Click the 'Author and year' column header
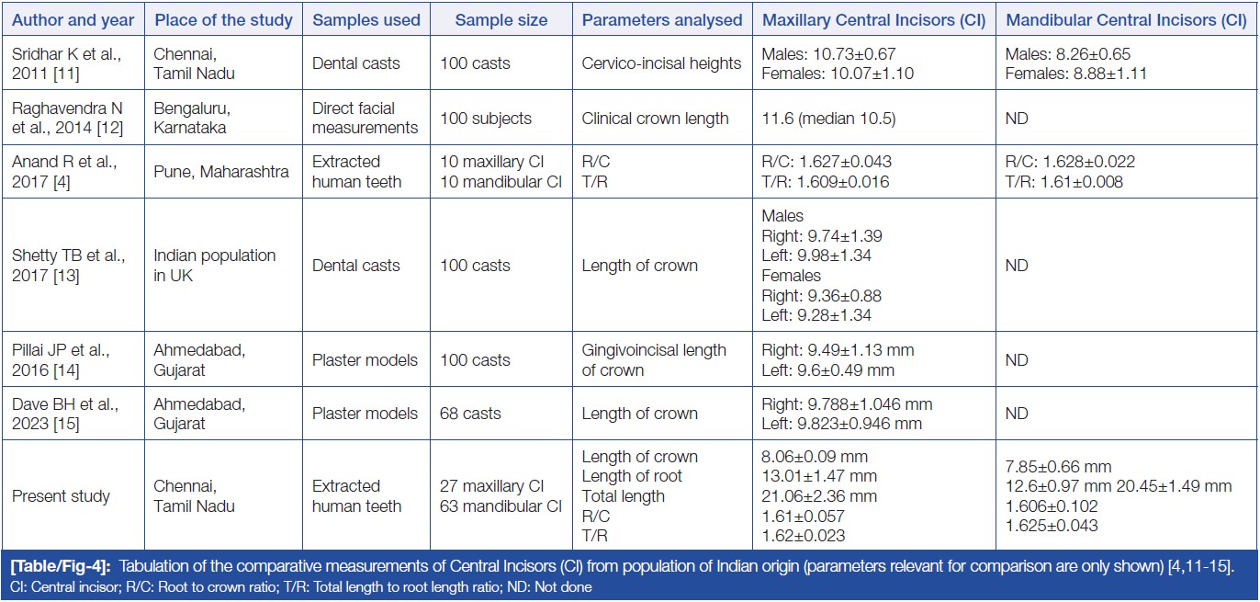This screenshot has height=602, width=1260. (73, 19)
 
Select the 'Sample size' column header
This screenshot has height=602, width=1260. (501, 19)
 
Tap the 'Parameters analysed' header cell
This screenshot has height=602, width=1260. (661, 19)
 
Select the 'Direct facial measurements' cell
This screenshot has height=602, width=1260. (366, 118)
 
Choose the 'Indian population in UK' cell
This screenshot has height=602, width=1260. (214, 265)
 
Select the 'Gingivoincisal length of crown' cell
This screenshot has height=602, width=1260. (653, 360)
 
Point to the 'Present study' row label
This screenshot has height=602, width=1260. (61, 496)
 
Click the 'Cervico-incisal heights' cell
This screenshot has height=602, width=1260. (661, 63)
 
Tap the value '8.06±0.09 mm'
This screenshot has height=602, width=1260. (815, 457)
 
